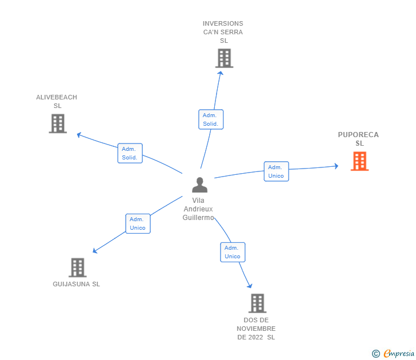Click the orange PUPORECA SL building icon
click(x=359, y=161)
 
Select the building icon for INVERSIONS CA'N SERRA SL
click(x=224, y=58)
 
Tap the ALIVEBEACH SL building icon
click(x=58, y=123)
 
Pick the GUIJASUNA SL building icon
click(x=77, y=267)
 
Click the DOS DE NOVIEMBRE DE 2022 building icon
click(x=258, y=303)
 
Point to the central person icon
click(x=199, y=185)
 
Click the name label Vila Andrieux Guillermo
click(x=198, y=209)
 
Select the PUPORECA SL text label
click(x=358, y=139)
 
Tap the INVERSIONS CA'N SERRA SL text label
click(x=223, y=32)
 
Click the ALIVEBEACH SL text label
click(x=57, y=101)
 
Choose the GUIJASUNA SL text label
click(x=76, y=284)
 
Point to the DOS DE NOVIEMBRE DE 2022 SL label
click(x=256, y=329)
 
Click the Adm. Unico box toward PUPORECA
click(x=276, y=171)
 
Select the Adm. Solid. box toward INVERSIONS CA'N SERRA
click(x=210, y=119)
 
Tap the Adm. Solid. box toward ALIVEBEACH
click(x=130, y=153)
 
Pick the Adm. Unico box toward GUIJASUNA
click(x=138, y=223)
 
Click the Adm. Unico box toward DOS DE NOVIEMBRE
click(x=233, y=252)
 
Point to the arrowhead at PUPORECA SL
click(x=337, y=166)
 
